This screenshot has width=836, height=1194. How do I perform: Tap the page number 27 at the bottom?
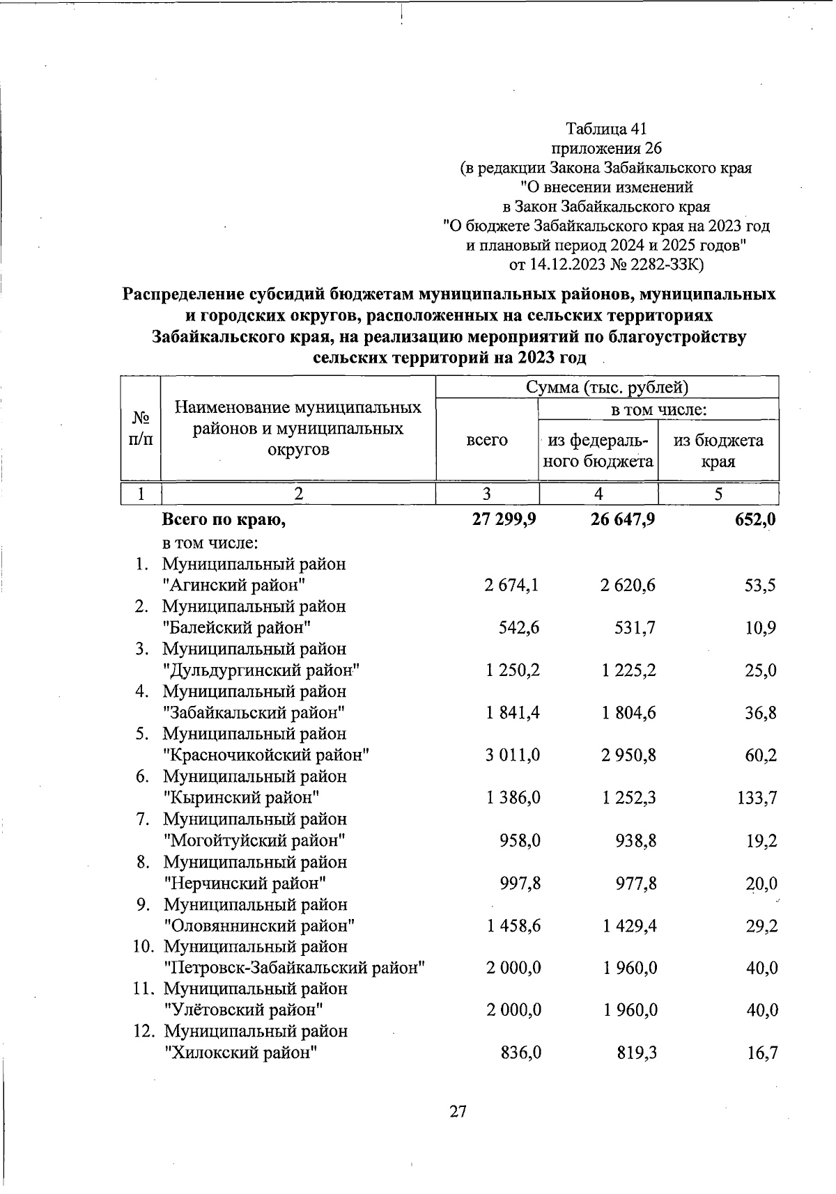458,1112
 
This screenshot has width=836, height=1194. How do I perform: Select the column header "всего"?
487,440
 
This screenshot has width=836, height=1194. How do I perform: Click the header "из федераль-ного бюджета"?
598,450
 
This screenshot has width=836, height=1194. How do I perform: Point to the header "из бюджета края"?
718,450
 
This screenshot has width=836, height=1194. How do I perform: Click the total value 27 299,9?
504,519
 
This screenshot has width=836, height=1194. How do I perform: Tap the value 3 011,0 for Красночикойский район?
513,755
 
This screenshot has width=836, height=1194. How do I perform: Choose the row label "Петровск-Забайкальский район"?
294,968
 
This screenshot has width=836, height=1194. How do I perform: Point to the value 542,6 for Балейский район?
519,628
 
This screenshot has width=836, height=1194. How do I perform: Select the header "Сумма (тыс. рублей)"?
607,387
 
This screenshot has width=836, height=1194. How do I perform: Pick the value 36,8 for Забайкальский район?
761,714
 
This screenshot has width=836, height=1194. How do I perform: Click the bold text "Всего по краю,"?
224,519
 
